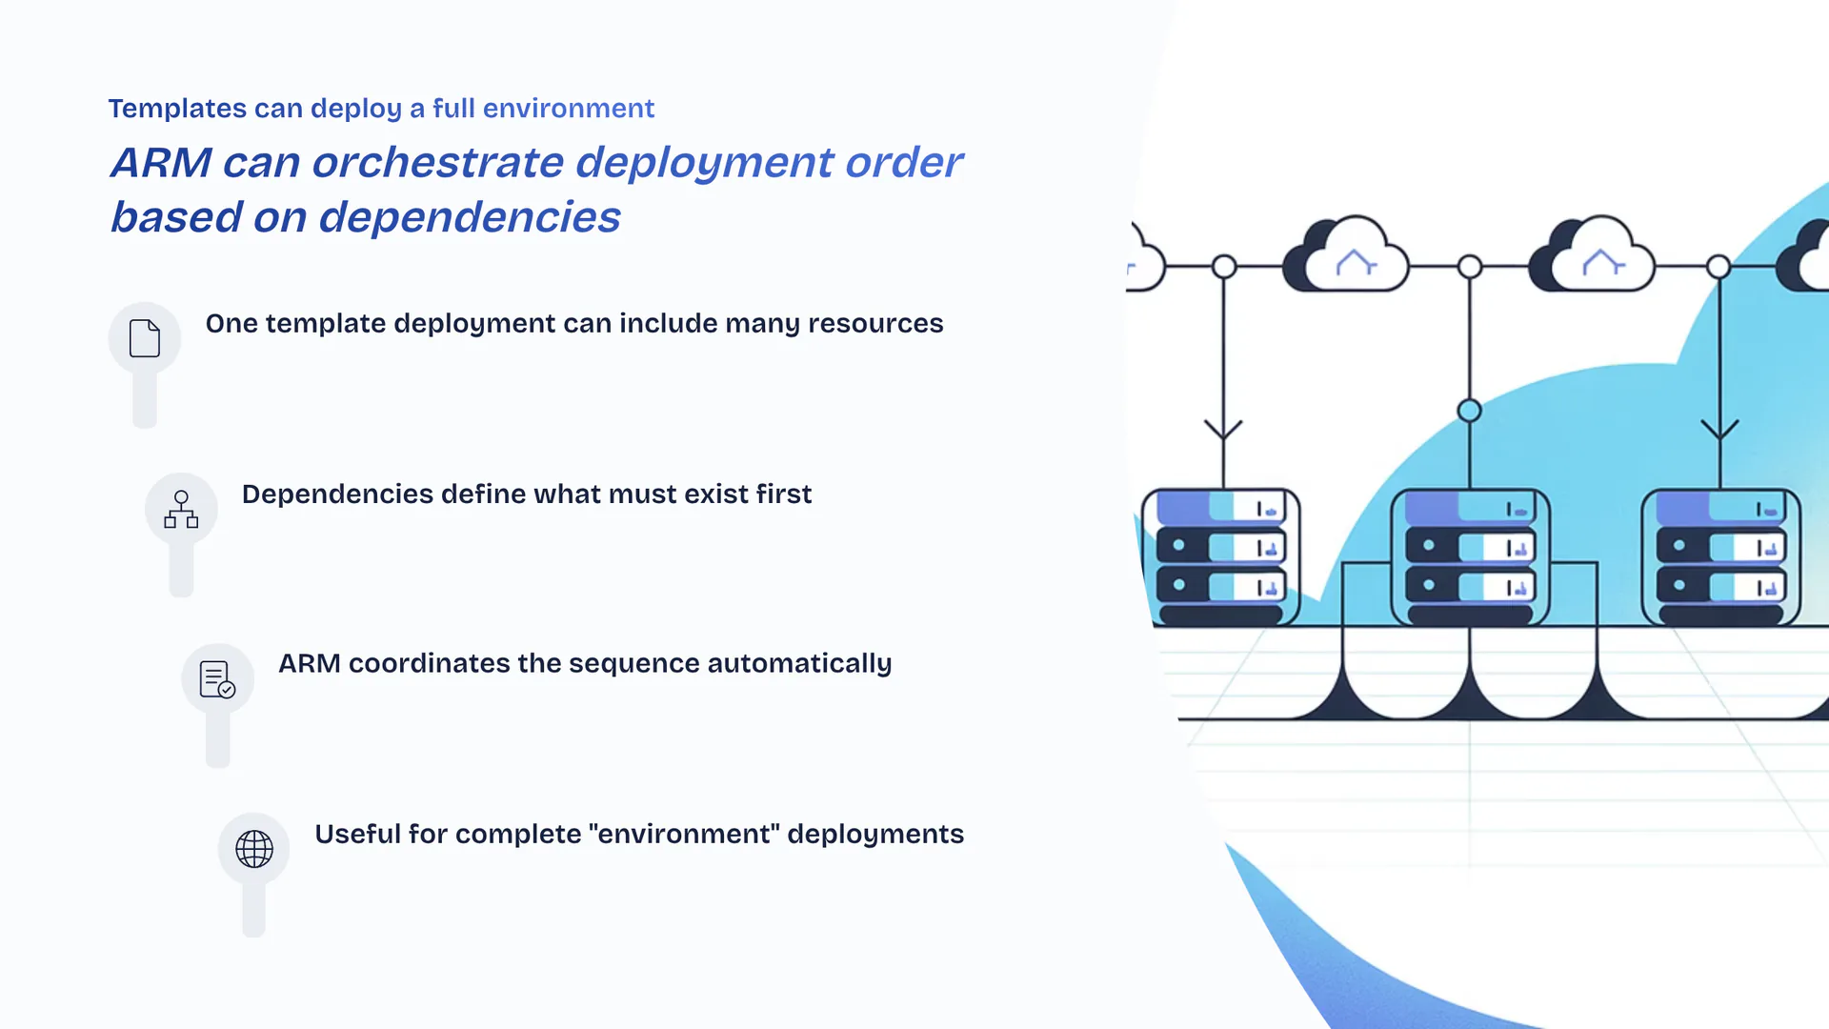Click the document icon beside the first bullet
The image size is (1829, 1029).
pyautogui.click(x=145, y=338)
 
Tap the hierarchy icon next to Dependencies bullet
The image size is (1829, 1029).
pyautogui.click(x=181, y=509)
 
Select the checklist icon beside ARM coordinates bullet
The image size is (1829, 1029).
pyautogui.click(x=217, y=679)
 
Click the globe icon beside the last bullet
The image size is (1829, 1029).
pyautogui.click(x=254, y=848)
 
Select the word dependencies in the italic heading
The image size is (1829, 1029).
pyautogui.click(x=469, y=217)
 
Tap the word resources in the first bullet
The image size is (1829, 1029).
pyautogui.click(x=875, y=324)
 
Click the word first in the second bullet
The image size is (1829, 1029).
pyautogui.click(x=783, y=494)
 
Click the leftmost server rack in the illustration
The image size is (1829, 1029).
pyautogui.click(x=1221, y=557)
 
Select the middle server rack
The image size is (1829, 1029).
pyautogui.click(x=1470, y=557)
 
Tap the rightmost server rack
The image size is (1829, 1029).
pyautogui.click(x=1720, y=557)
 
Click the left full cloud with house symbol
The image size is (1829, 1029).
pyautogui.click(x=1347, y=255)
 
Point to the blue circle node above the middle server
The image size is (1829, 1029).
pyautogui.click(x=1470, y=411)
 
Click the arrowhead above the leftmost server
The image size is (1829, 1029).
pyautogui.click(x=1223, y=430)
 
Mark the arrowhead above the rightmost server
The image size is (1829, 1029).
pyautogui.click(x=1719, y=430)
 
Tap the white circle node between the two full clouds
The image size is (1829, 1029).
pyautogui.click(x=1470, y=267)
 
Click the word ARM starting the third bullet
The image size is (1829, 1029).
pyautogui.click(x=309, y=664)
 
